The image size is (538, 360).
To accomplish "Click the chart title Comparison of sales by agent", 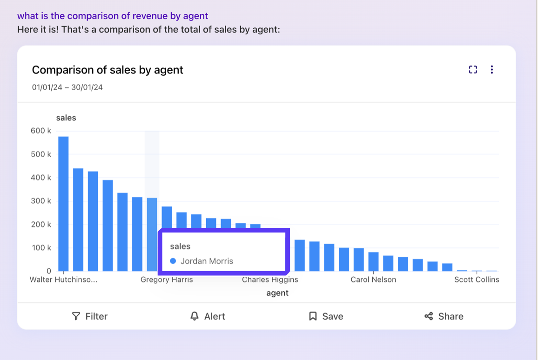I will click(108, 70).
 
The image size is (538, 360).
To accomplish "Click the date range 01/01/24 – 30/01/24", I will click(67, 87).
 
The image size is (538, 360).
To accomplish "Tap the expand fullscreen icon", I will click(473, 70).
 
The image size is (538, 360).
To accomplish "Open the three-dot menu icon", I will click(492, 70).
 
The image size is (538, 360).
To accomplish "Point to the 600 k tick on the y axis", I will click(41, 131).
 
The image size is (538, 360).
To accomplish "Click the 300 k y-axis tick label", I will click(41, 201).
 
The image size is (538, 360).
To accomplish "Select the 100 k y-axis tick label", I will click(41, 247).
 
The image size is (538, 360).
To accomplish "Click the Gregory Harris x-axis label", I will click(167, 280).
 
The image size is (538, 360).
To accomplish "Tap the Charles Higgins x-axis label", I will click(270, 280).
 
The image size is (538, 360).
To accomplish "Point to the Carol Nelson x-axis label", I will click(373, 280).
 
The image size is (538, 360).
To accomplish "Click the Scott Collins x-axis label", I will click(477, 280).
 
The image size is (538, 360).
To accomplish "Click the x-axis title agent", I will click(277, 293).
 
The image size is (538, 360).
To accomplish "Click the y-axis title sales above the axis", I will click(66, 118).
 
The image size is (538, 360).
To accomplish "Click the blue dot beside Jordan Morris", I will click(173, 261).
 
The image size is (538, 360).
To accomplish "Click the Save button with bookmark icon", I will click(326, 316).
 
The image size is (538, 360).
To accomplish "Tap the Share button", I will click(444, 316).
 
